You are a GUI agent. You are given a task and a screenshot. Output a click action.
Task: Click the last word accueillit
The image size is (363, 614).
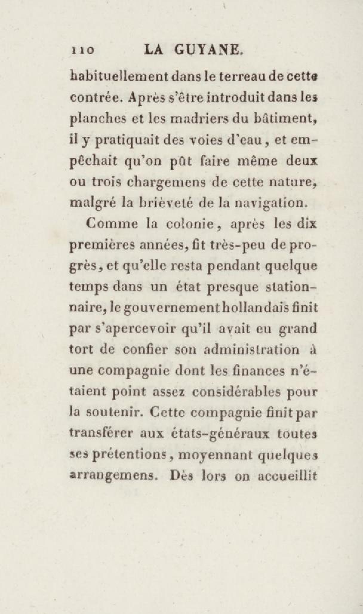click(x=287, y=475)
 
